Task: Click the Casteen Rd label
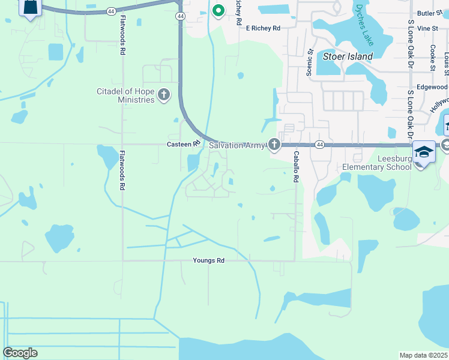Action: coord(183,145)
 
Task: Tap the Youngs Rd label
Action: coord(208,261)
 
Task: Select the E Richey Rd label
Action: coord(259,28)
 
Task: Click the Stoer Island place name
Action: coord(348,57)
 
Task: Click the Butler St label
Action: coord(429,13)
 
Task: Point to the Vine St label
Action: coord(427,28)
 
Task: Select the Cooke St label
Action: coord(432,56)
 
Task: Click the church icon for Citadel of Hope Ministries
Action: coord(163,95)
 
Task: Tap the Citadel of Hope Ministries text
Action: coord(126,95)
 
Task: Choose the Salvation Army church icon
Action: coord(274,145)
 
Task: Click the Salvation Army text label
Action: coord(236,145)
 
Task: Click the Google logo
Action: coord(20,353)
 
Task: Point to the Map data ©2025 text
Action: coord(423,355)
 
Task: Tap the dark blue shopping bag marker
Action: coord(29,8)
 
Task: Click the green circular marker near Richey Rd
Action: coord(218,10)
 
